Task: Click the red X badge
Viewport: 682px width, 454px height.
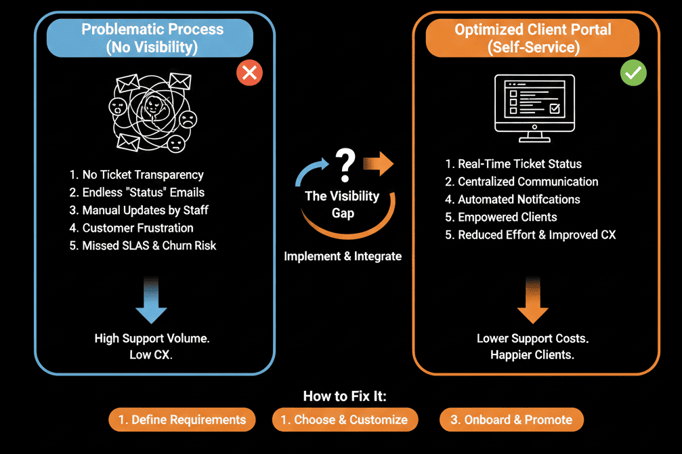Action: (x=249, y=73)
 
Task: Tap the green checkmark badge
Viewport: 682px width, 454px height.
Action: (x=633, y=73)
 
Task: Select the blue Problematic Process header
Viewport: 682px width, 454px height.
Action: (x=152, y=39)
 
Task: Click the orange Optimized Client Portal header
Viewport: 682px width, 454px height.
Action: (x=532, y=39)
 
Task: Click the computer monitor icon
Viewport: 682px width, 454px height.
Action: (x=534, y=107)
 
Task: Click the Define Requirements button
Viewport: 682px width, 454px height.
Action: (x=182, y=420)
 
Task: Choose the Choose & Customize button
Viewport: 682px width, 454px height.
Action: (x=345, y=420)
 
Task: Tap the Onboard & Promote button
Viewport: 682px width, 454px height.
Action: (x=511, y=420)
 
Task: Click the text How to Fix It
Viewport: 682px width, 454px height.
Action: (x=345, y=396)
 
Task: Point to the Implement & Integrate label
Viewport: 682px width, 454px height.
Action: (x=343, y=256)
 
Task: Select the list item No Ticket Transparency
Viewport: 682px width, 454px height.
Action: (x=136, y=175)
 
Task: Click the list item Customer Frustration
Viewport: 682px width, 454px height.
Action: (x=131, y=228)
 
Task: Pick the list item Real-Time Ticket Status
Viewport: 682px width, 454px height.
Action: (x=513, y=164)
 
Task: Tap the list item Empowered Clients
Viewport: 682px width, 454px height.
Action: (x=500, y=217)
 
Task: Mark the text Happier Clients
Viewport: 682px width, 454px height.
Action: (x=532, y=355)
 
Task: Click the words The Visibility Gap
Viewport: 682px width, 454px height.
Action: (x=342, y=203)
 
